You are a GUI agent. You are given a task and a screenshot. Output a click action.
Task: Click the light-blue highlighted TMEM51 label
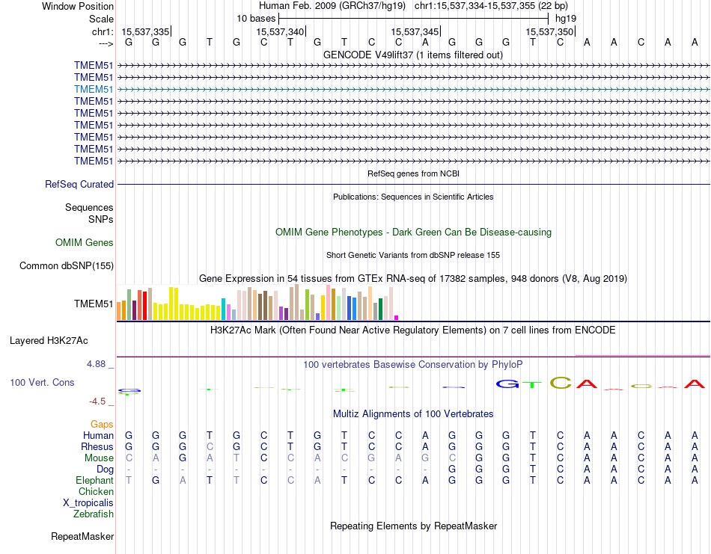click(x=94, y=89)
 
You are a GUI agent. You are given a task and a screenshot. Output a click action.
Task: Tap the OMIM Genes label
click(x=85, y=242)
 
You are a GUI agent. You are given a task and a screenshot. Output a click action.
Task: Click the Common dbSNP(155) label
click(x=67, y=265)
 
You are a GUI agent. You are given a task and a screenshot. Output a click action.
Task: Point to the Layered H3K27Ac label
click(x=49, y=340)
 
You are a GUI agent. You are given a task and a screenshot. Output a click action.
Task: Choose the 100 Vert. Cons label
click(x=42, y=382)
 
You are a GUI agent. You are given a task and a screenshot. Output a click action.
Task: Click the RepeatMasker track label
click(x=82, y=536)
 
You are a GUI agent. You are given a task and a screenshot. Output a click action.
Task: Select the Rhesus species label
click(x=97, y=446)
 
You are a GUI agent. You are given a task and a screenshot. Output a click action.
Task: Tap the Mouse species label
click(x=99, y=458)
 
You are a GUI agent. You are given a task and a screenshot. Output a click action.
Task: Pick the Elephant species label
click(x=94, y=480)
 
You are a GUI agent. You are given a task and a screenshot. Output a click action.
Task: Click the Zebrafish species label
click(x=94, y=514)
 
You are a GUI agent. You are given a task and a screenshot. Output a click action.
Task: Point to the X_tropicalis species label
click(x=88, y=502)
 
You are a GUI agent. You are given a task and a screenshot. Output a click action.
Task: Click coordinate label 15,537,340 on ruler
click(x=280, y=31)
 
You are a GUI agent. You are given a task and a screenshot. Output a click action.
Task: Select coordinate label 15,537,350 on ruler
click(x=549, y=31)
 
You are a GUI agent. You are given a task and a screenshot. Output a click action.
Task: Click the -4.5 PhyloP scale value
click(x=100, y=401)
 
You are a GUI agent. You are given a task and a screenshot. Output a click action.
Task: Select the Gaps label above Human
click(x=102, y=424)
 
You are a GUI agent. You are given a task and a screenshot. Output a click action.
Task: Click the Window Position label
click(x=78, y=6)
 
